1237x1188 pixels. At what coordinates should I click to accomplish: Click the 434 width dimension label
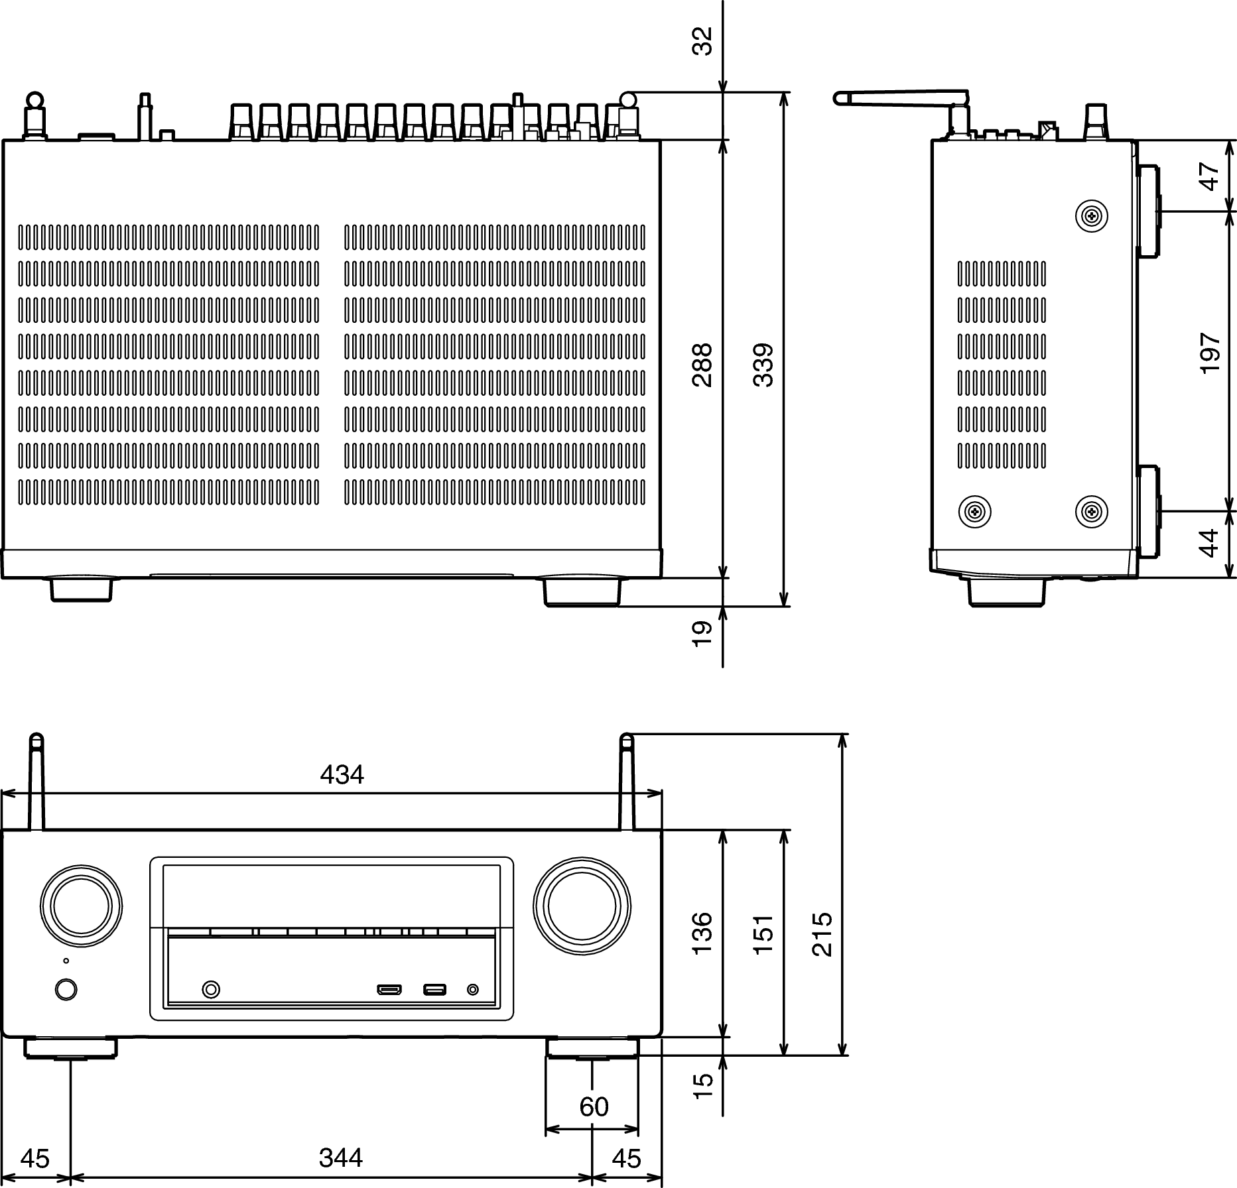[342, 774]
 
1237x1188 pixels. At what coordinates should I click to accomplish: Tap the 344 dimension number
[341, 1158]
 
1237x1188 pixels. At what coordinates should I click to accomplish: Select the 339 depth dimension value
[763, 365]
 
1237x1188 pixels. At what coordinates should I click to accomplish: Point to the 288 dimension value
[702, 365]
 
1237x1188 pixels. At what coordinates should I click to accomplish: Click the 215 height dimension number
[822, 934]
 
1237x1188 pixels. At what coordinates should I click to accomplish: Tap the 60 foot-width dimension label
[594, 1106]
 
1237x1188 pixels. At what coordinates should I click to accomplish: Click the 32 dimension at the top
[702, 41]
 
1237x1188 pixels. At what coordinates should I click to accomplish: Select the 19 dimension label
[702, 633]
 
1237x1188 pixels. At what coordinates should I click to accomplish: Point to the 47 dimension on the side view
[1210, 176]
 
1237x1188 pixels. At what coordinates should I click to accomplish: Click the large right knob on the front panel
[582, 906]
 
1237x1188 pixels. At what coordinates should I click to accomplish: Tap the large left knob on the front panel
[81, 906]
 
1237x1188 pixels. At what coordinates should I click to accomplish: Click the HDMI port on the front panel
[389, 990]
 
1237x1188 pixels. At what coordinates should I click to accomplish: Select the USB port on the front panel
[434, 990]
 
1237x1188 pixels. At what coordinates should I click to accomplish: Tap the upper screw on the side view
[1092, 215]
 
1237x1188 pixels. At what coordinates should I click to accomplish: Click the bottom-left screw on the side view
[975, 511]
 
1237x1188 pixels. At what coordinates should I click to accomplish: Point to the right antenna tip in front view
[627, 738]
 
